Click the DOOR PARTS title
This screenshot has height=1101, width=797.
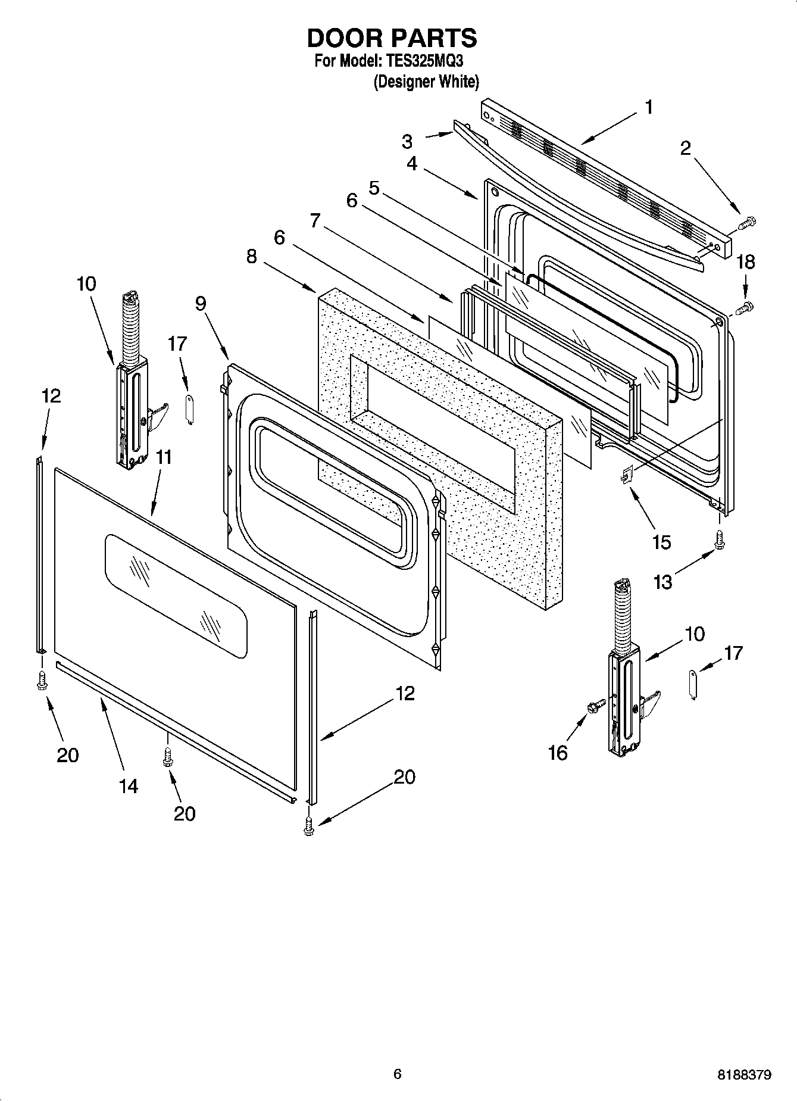392,38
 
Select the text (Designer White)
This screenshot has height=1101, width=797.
426,82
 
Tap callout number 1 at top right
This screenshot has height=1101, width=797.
649,108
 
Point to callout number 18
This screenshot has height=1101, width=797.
746,263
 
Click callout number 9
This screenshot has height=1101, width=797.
201,304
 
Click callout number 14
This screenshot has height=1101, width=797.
128,787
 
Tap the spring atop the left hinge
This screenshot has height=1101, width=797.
129,328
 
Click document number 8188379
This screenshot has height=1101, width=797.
744,1075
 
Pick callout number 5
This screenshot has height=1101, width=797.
374,189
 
